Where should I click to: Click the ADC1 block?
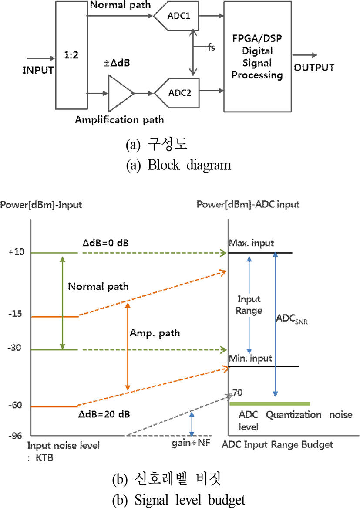(x=176, y=16)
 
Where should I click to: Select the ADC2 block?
(x=178, y=93)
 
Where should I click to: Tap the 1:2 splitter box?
(x=71, y=55)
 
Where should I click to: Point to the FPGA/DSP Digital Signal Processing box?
(x=257, y=57)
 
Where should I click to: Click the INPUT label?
(x=38, y=70)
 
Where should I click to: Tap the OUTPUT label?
(x=314, y=68)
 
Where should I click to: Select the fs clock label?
(x=212, y=47)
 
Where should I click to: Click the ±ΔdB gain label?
(x=117, y=63)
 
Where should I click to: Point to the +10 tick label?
(x=16, y=252)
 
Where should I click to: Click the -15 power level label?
(x=15, y=314)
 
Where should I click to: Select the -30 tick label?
(x=14, y=348)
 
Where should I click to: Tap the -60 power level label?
(x=15, y=405)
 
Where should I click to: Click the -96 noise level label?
(x=15, y=435)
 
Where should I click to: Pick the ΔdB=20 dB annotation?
(x=104, y=414)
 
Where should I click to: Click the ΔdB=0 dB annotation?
(x=105, y=243)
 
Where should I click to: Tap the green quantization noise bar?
(x=270, y=404)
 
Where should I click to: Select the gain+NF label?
(x=191, y=443)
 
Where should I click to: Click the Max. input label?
(x=252, y=243)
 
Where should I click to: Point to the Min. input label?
(x=251, y=358)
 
